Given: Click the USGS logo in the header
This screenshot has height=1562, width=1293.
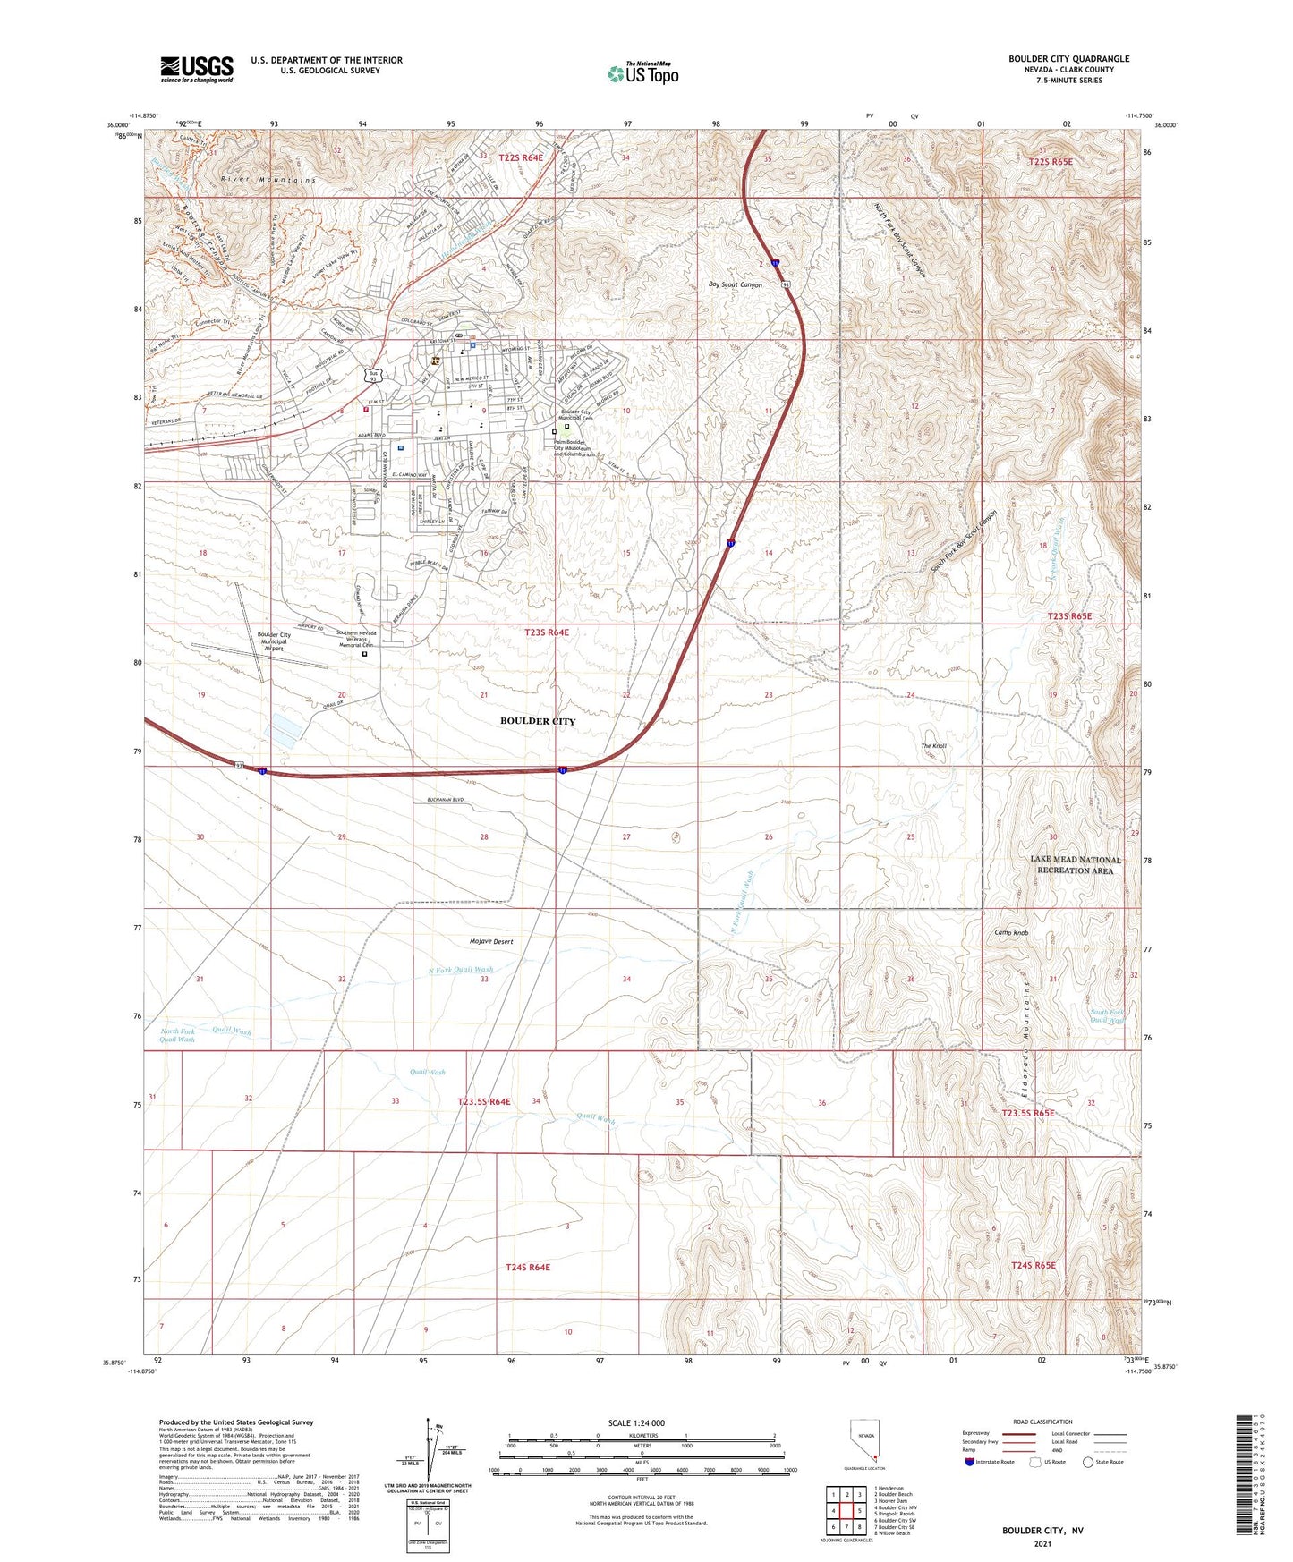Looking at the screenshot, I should [x=197, y=68].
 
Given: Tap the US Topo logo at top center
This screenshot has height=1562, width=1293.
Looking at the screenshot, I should [x=642, y=73].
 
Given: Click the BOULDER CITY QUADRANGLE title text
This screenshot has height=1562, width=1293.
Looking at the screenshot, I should [x=1068, y=59].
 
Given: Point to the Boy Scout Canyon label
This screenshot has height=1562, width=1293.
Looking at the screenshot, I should [x=735, y=285].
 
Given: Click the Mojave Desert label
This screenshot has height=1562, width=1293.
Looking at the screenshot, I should [x=491, y=941].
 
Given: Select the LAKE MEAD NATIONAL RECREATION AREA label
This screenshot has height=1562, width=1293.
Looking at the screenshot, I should [x=1075, y=865].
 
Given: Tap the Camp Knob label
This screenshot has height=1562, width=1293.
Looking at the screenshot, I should [x=1011, y=933].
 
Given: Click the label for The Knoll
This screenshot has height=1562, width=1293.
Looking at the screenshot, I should [x=933, y=746].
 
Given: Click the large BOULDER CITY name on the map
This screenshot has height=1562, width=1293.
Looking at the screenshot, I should [x=538, y=721].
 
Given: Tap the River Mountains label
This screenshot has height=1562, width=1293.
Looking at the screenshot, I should [x=268, y=180].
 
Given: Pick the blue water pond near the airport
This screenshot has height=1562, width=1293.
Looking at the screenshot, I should [x=283, y=729].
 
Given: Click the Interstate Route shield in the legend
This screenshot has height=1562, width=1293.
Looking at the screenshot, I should [x=971, y=1463].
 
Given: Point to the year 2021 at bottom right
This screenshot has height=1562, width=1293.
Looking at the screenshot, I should [x=1042, y=1543].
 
